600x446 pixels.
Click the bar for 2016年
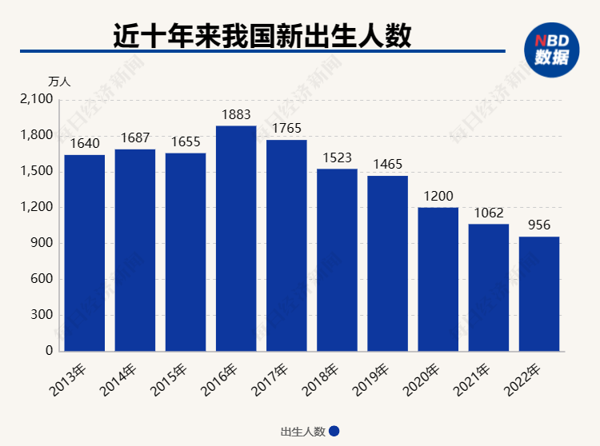pos(236,238)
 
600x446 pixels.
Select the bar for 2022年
pos(539,293)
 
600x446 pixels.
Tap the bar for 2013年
pos(85,253)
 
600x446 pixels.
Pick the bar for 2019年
pos(388,263)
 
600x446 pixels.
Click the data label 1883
pos(236,115)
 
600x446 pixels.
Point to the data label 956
pos(539,225)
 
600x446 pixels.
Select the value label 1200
pos(438,197)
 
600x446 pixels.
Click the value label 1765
pos(286,129)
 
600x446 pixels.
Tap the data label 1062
pos(489,213)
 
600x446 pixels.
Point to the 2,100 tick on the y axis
pos(36,99)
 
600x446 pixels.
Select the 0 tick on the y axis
pos(49,351)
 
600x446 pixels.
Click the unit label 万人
pos(60,82)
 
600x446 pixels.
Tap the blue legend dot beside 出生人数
pos(334,431)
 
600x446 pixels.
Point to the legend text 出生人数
pos(302,432)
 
